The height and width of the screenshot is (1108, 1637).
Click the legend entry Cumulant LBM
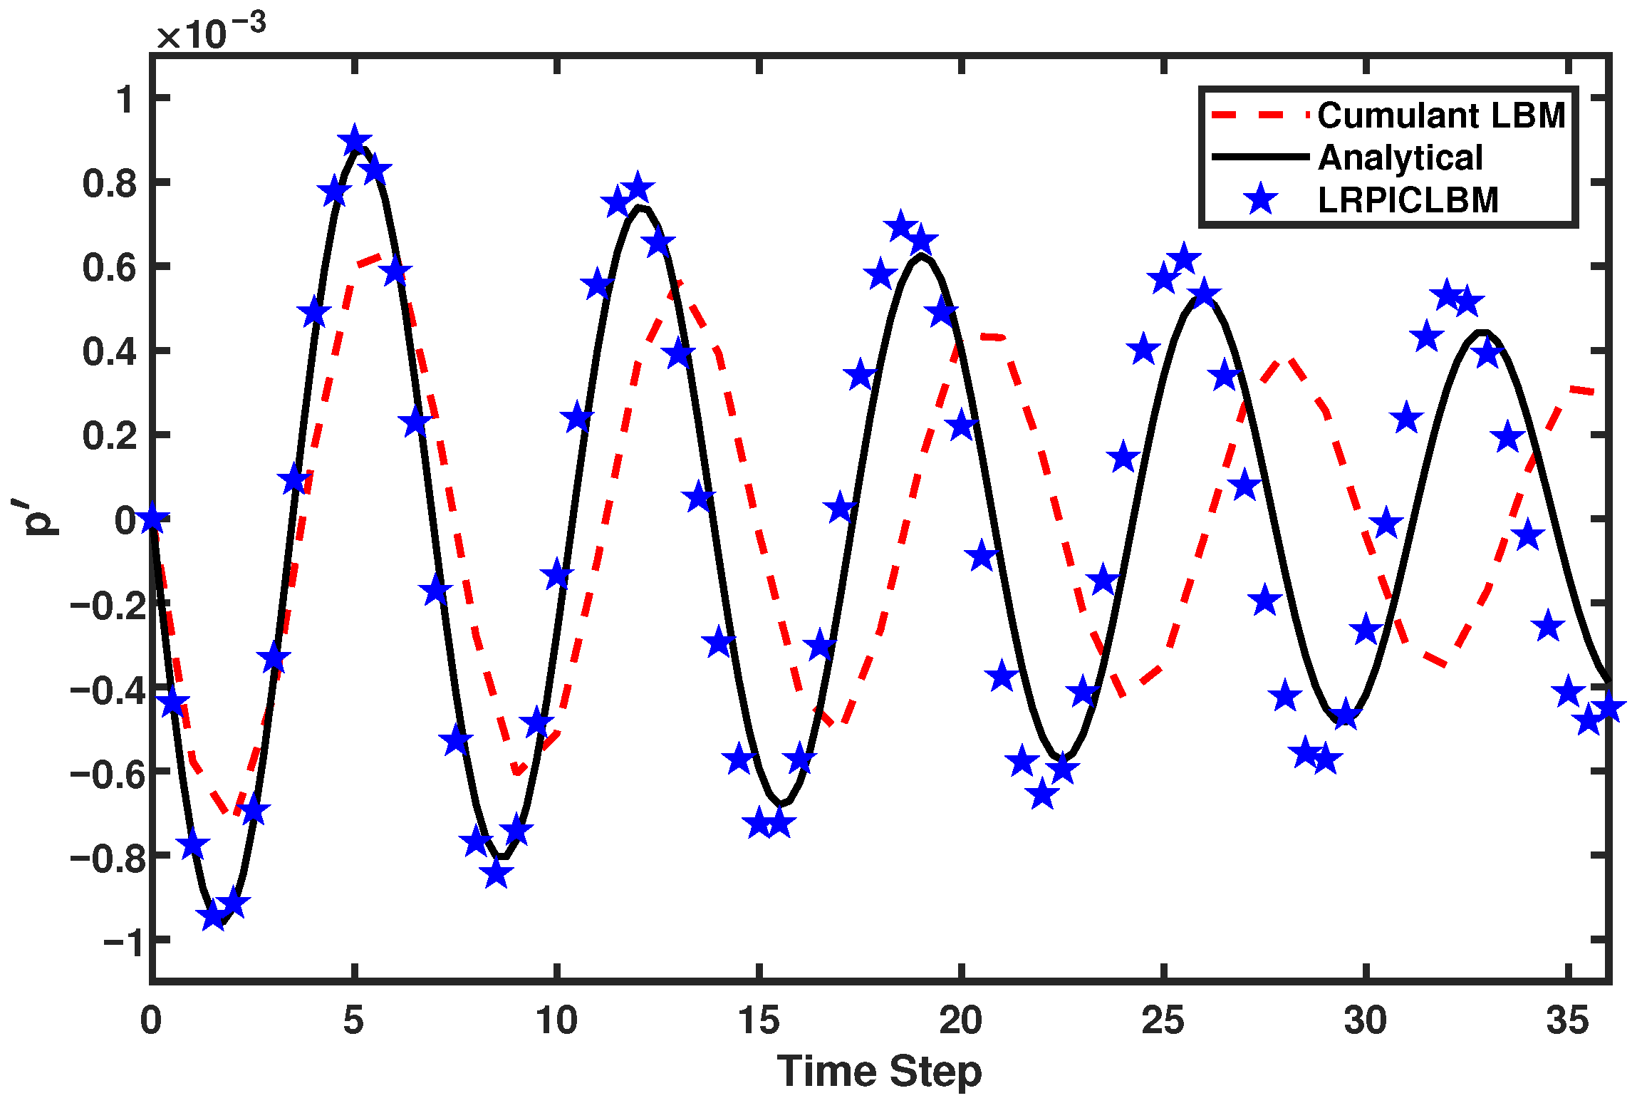1440,115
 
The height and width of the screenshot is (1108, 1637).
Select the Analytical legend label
1400,157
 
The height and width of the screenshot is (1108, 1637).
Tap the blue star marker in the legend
1260,200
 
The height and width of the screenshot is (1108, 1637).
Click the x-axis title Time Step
879,1071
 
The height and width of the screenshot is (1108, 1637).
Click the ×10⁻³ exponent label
211,32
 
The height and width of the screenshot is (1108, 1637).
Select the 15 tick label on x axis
759,1020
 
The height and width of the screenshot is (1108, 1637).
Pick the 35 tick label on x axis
1567,1020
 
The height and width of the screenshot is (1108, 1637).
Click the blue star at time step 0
152,519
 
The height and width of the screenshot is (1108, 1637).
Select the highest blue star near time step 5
355,141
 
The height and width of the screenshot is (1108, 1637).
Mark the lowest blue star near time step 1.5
213,915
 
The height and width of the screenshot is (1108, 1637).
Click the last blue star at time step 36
1608,708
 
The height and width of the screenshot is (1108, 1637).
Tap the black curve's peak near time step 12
640,207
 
